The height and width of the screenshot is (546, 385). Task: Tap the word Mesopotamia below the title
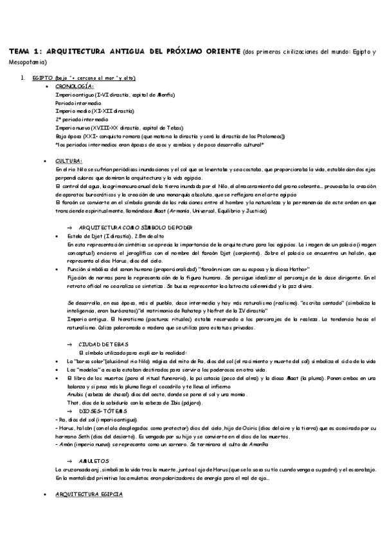pyautogui.click(x=23, y=64)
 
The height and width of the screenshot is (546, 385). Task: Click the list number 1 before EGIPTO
pyautogui.click(x=22, y=78)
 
